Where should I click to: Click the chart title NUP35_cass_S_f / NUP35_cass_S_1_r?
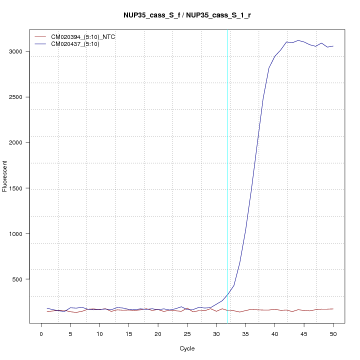[x=187, y=15]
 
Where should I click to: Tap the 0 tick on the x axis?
[x=41, y=333]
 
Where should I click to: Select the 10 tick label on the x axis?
[x=99, y=333]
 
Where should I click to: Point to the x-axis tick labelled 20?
[x=158, y=333]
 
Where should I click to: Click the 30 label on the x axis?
[x=216, y=333]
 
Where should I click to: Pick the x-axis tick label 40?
[x=274, y=333]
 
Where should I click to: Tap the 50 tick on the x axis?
[x=333, y=333]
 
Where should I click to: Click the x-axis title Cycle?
[x=187, y=348]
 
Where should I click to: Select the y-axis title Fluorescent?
[x=5, y=176]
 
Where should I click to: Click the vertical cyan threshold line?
[x=227, y=150]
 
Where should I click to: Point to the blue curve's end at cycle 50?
[x=333, y=46]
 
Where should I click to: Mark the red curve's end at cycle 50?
[x=333, y=309]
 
